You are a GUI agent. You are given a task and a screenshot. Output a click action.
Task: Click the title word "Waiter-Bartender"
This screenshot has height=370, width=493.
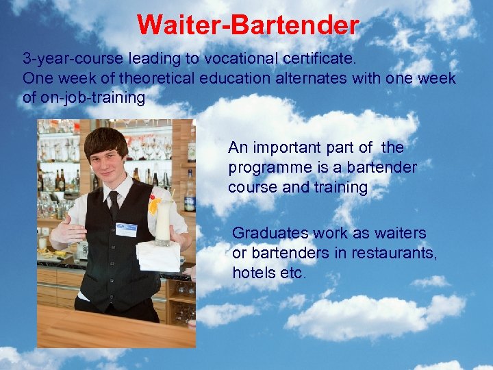coord(247,25)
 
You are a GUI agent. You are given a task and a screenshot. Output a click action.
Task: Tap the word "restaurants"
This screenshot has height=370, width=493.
coord(393,253)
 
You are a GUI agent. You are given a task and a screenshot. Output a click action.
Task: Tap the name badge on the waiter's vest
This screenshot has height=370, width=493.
coord(126,229)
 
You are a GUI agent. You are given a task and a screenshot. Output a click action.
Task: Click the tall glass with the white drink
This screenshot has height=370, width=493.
coord(163,223)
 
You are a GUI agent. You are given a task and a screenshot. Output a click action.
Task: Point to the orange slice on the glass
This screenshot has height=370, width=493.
coord(155,205)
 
